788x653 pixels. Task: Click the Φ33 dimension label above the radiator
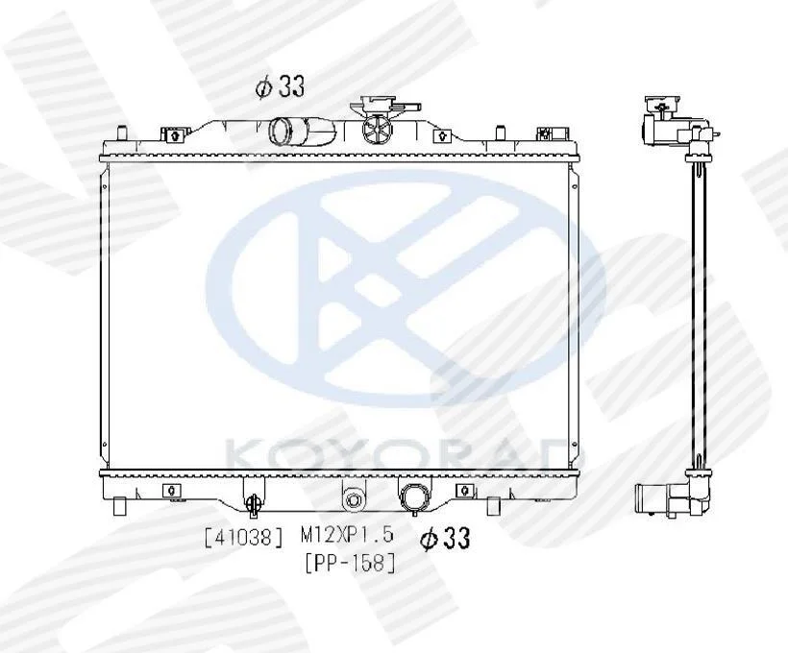point(281,86)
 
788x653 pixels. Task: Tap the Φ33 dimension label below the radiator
point(445,539)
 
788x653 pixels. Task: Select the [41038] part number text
point(244,538)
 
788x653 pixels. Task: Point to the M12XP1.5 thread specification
point(347,535)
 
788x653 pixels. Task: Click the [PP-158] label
point(351,563)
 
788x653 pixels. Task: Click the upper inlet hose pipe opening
point(280,131)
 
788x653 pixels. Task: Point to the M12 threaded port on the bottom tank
point(354,500)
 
